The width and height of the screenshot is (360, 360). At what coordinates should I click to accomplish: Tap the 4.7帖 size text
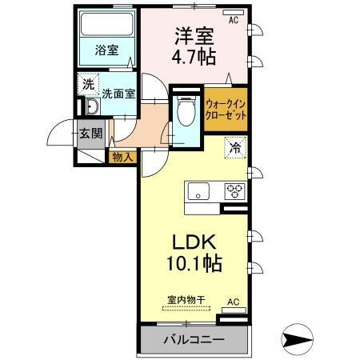(193, 58)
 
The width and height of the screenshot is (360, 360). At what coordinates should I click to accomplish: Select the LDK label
(192, 242)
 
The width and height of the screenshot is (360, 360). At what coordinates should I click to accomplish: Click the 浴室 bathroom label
(107, 50)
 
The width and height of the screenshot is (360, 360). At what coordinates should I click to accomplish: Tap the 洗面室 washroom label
(118, 92)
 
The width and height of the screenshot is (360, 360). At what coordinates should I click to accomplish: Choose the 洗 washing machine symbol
(86, 82)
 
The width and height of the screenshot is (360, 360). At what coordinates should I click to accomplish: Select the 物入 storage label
(122, 156)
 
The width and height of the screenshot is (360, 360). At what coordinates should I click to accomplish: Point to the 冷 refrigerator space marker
(235, 146)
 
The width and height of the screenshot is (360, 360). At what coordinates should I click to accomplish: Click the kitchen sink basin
(198, 190)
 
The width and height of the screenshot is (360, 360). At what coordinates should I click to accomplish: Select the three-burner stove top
(235, 190)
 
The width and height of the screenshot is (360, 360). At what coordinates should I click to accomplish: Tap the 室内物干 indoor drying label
(186, 300)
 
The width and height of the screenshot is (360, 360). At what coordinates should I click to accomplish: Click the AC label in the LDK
(233, 301)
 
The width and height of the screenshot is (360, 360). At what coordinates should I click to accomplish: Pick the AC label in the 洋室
(234, 21)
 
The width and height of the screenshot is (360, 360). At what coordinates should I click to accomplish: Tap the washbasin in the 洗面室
(90, 110)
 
